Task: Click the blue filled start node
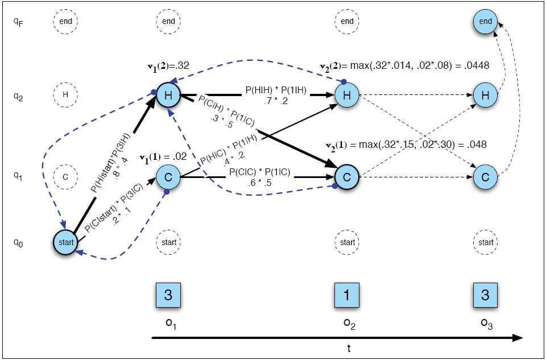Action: click(65, 242)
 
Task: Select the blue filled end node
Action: click(485, 21)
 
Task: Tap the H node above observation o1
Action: click(168, 95)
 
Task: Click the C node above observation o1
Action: click(168, 177)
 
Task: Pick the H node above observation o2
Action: click(347, 95)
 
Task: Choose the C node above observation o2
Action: click(347, 177)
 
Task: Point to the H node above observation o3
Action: click(485, 95)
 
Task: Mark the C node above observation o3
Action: click(485, 177)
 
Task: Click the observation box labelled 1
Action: click(347, 295)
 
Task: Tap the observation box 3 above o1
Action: click(168, 295)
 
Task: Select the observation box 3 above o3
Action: click(485, 295)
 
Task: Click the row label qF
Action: click(18, 22)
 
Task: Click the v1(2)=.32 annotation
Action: click(168, 65)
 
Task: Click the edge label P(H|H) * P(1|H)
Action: click(276, 90)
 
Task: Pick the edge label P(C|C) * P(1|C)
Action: click(259, 173)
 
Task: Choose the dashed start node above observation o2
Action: click(347, 242)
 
